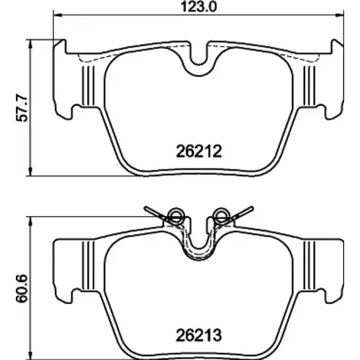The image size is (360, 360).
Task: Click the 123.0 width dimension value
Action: pyautogui.click(x=199, y=6)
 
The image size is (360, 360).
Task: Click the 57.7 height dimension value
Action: pyautogui.click(x=22, y=108)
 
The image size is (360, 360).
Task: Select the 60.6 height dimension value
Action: pyautogui.click(x=22, y=289)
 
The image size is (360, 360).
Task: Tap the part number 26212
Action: pyautogui.click(x=199, y=151)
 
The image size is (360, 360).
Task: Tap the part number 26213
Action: pyautogui.click(x=199, y=336)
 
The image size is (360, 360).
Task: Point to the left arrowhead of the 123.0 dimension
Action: pyautogui.click(x=58, y=15)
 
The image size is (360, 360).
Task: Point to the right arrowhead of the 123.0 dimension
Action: pyautogui.click(x=339, y=15)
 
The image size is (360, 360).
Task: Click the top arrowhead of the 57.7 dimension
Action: pyautogui.click(x=30, y=44)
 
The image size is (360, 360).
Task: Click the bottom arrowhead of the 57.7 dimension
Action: pyautogui.click(x=30, y=171)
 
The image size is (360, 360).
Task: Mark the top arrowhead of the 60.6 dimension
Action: pyautogui.click(x=30, y=222)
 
